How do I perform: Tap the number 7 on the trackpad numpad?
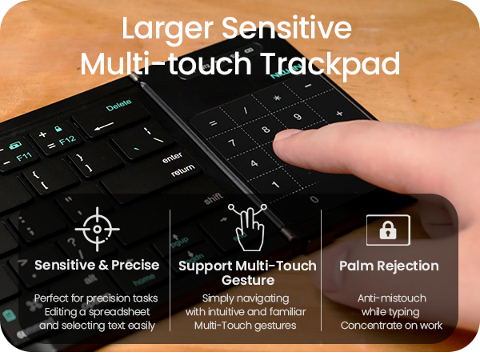pos(232,144)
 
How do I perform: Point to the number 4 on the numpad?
pos(254,164)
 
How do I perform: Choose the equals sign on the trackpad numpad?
pos(213,123)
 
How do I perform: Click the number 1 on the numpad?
pos(277,186)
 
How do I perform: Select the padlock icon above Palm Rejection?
pos(388,230)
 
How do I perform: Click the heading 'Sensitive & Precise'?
pos(97,265)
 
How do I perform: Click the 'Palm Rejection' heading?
pos(389,265)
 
